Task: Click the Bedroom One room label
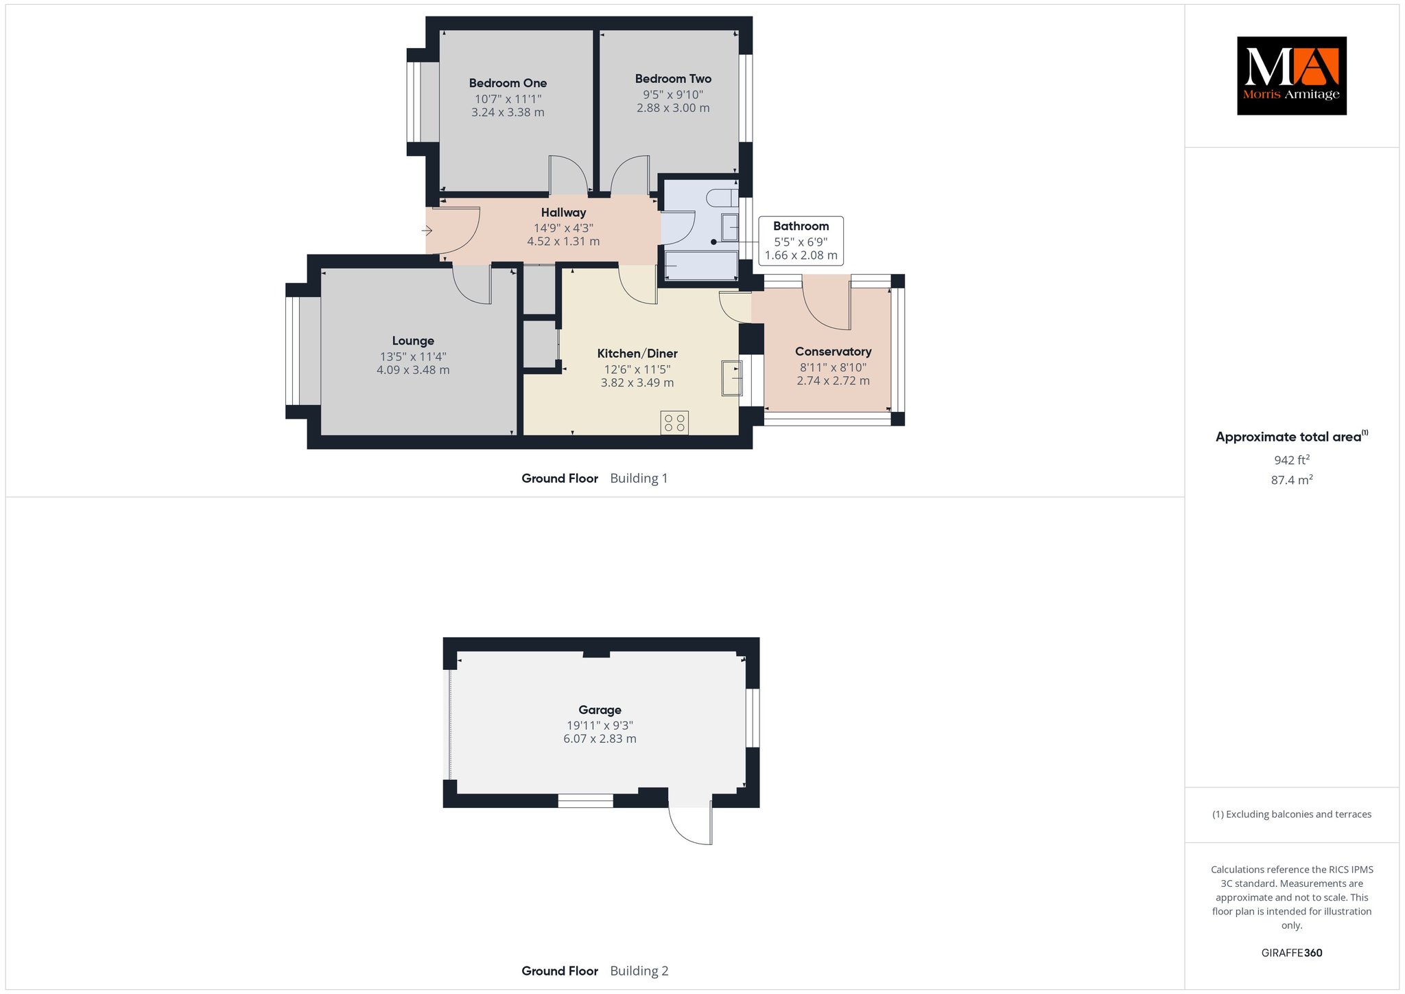[508, 83]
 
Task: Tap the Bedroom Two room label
[673, 79]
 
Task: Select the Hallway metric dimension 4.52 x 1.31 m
[563, 242]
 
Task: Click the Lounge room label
[413, 341]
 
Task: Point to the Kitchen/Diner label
[637, 354]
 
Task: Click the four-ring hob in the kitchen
[674, 423]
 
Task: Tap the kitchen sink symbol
[731, 378]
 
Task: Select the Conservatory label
[833, 351]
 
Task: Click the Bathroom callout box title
[801, 227]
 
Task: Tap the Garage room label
[600, 710]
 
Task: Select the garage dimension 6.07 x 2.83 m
[600, 739]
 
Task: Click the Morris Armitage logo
[1291, 76]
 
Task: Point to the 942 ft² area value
[1292, 460]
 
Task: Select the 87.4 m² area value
[1292, 480]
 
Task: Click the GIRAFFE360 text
[1292, 953]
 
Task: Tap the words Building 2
[639, 971]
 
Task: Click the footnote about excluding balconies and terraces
[1292, 814]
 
